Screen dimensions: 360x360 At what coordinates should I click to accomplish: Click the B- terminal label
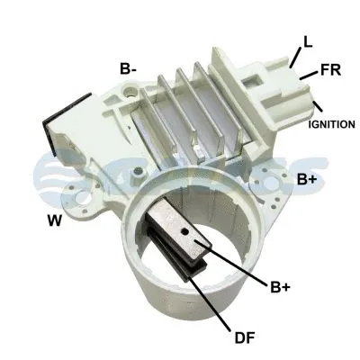point(129,68)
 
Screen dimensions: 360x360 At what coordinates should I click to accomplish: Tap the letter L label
point(309,41)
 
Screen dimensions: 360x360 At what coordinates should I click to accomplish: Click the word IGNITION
point(332,122)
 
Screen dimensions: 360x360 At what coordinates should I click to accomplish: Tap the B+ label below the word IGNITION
point(306,180)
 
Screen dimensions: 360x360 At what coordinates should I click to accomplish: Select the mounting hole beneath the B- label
point(131,91)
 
